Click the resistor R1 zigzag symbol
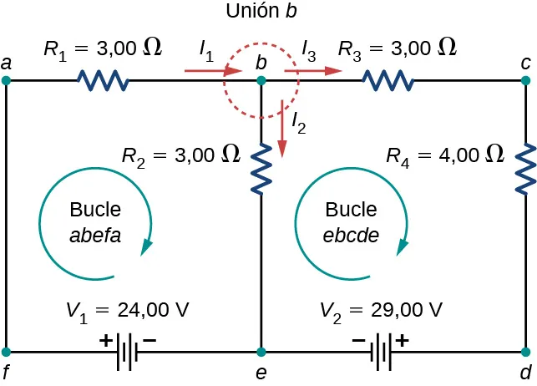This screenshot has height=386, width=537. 103,81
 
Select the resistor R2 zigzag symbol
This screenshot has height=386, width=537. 261,167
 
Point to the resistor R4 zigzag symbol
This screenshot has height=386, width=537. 526,167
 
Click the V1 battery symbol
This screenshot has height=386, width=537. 126,352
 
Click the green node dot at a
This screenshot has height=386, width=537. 7,81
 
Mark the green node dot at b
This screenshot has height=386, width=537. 261,81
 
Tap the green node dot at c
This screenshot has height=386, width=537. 526,81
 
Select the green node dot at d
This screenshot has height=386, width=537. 526,352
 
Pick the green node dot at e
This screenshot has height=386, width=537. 261,352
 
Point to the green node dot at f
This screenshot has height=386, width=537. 7,352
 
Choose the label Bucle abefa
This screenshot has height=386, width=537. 95,221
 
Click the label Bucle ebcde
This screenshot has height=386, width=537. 351,221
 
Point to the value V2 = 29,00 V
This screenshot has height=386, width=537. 381,310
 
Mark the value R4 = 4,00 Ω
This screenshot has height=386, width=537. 445,154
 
